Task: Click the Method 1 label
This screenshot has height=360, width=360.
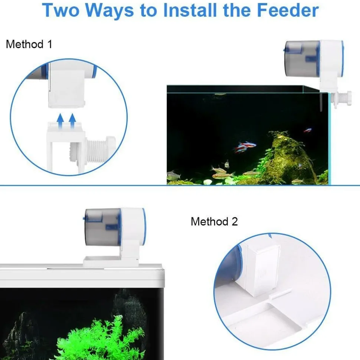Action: tap(29, 44)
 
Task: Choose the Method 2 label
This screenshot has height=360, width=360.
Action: tap(214, 222)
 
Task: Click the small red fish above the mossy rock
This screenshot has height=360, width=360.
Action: tap(307, 131)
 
